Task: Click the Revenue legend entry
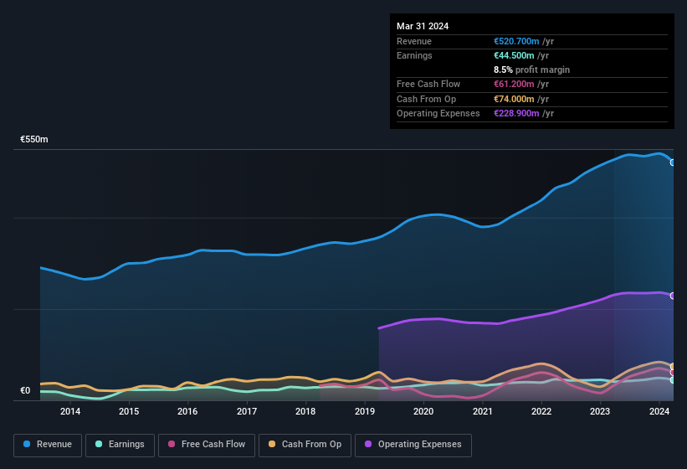[48, 444]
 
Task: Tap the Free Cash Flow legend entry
[207, 444]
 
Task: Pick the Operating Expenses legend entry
[413, 444]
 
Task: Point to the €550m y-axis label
[34, 139]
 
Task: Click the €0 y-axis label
[25, 390]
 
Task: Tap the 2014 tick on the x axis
[70, 411]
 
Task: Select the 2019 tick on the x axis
[365, 411]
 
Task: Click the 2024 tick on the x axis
[659, 411]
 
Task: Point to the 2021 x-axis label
[483, 411]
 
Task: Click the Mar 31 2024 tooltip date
[423, 26]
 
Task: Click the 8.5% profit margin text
[532, 70]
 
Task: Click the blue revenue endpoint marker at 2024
[673, 162]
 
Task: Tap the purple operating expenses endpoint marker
[673, 296]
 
